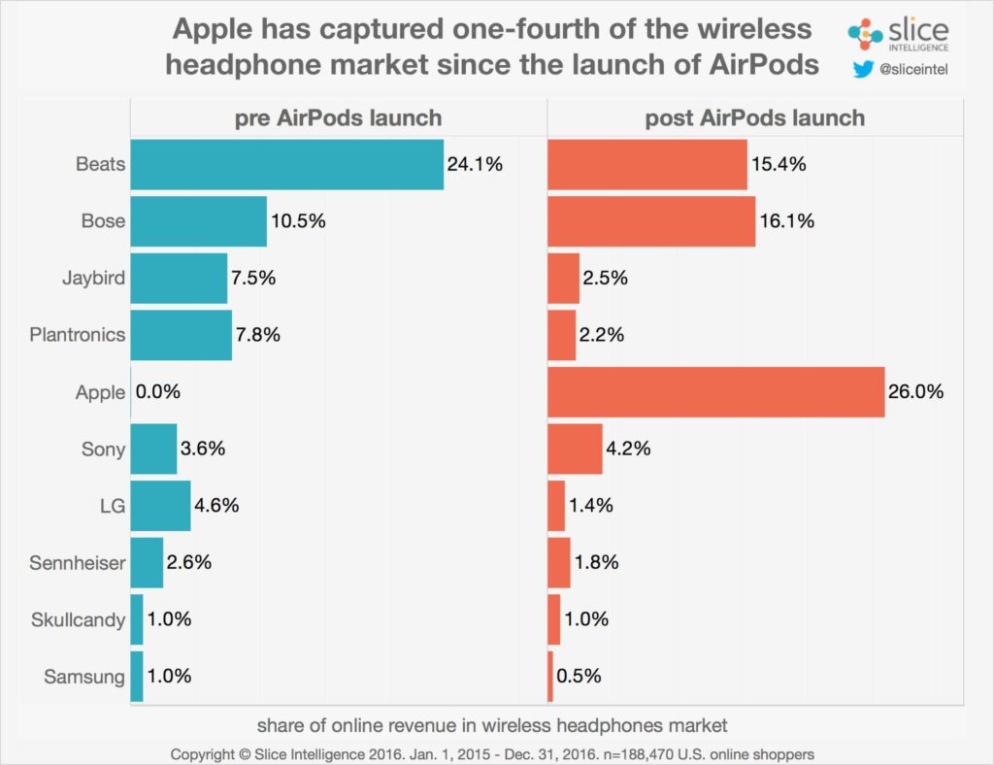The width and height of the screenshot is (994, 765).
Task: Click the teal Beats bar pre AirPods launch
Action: coord(286,164)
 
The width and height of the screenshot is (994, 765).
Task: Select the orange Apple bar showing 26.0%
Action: coord(715,391)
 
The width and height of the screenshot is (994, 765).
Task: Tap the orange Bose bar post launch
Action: coord(651,221)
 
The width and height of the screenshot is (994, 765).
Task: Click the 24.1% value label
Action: coord(475,164)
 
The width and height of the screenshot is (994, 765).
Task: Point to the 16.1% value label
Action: coord(786,221)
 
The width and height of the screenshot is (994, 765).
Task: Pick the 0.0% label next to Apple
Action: coord(158,392)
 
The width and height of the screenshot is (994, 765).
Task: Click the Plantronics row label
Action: coord(77,335)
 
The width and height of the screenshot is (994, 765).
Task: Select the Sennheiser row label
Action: coord(78,563)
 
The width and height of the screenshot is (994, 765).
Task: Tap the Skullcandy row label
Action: coord(78,619)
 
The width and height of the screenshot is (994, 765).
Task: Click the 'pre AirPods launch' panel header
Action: coord(338,118)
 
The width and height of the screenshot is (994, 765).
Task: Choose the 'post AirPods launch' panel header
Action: coord(754,118)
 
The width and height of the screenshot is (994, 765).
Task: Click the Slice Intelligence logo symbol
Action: coord(865,34)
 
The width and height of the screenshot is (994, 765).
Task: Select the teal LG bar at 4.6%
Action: coord(160,506)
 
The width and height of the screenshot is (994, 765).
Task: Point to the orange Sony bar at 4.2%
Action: coord(575,449)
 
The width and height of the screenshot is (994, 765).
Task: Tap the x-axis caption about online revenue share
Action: coord(492,725)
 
